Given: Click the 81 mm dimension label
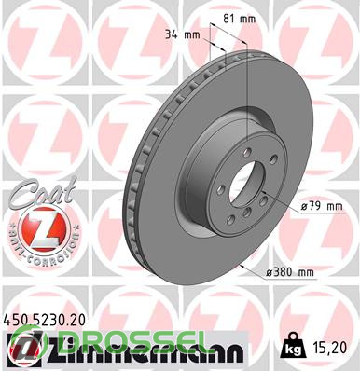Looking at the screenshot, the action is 240,19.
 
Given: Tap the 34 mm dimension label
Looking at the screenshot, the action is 182,34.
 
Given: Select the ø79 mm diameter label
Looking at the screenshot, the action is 322,206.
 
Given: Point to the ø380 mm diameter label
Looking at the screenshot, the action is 290,273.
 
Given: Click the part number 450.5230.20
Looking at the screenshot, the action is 44,321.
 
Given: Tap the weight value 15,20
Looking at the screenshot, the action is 330,348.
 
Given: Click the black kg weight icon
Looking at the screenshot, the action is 292,346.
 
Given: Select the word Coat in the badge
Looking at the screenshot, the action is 42,191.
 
